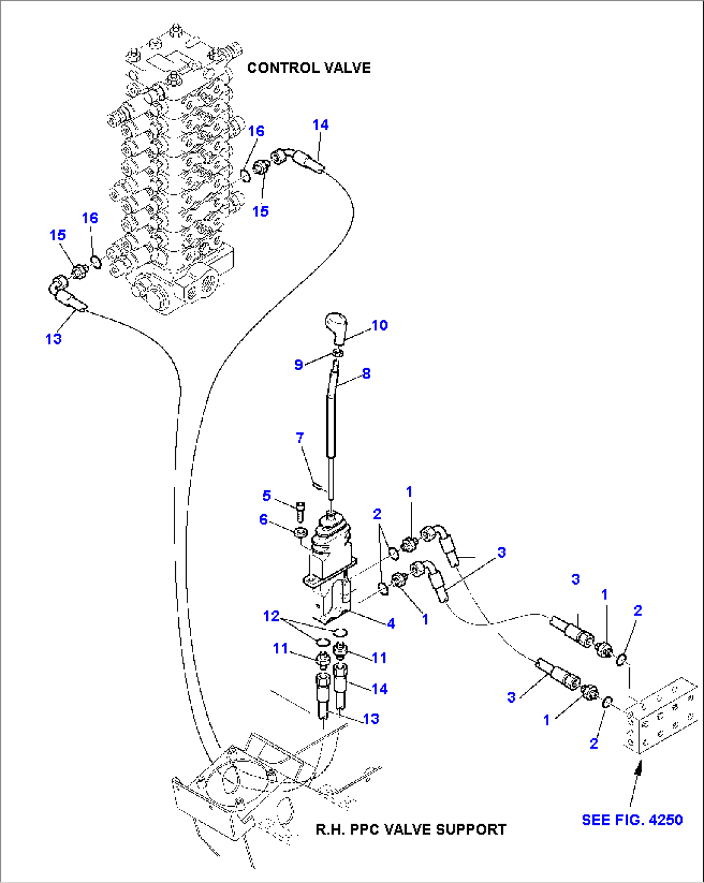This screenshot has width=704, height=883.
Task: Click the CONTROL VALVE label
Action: [309, 68]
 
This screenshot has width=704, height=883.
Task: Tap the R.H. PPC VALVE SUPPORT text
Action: [411, 829]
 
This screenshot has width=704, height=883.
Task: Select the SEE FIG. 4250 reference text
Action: [632, 820]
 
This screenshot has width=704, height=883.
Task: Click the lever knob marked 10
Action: [336, 327]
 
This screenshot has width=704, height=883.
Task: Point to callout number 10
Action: [380, 325]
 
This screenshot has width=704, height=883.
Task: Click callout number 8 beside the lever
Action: [366, 373]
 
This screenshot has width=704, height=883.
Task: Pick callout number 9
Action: [298, 364]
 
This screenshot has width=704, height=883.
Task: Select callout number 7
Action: [300, 438]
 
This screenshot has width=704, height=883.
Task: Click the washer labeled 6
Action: [300, 533]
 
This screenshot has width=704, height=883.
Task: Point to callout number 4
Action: [391, 623]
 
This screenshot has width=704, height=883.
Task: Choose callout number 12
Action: [271, 616]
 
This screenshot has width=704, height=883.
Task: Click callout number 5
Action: [266, 495]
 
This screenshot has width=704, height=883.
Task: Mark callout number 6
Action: [263, 519]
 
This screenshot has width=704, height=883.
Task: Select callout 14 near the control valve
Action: [320, 125]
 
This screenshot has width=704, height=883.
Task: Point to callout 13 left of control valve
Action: [53, 338]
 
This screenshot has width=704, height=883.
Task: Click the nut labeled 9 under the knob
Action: [337, 353]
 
